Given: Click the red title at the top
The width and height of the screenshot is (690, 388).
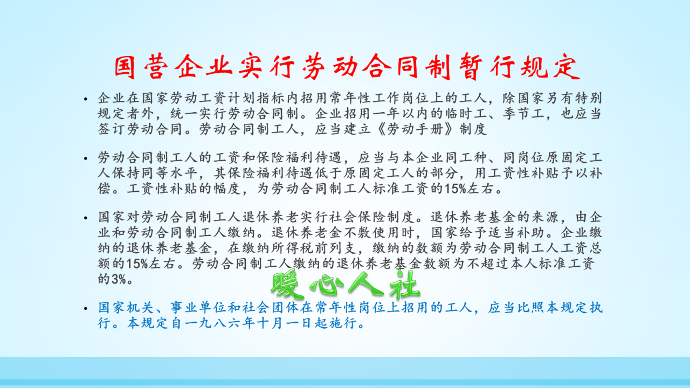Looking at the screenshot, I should pyautogui.click(x=346, y=67).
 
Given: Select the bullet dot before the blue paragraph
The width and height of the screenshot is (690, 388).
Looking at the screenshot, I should pyautogui.click(x=85, y=309).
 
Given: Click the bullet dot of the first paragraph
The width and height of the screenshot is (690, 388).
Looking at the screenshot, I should pyautogui.click(x=85, y=100).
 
